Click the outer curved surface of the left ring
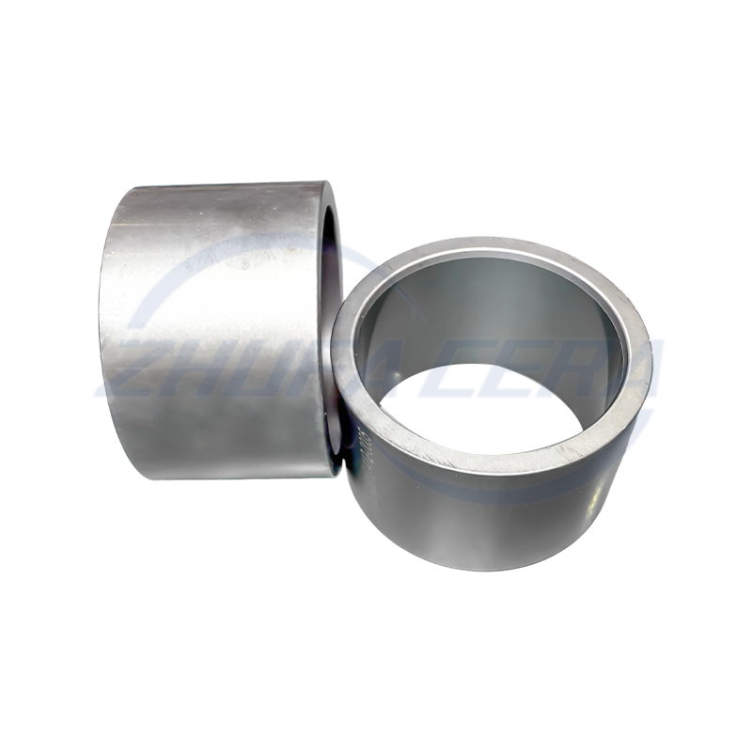click(216, 310)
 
